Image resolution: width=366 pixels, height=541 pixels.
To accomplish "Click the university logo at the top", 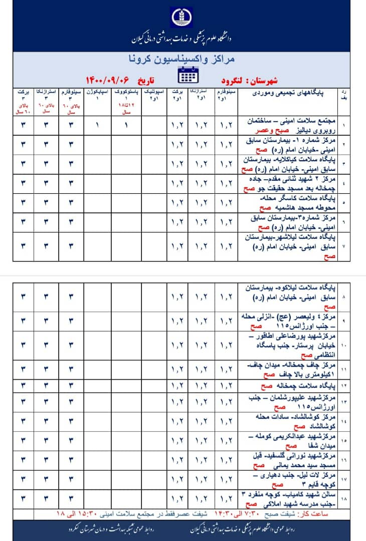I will pyautogui.click(x=182, y=19).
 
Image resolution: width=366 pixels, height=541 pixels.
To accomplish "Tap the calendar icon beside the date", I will pyautogui.click(x=189, y=76).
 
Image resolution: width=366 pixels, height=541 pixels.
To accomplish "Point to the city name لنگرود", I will pyautogui.click(x=234, y=80).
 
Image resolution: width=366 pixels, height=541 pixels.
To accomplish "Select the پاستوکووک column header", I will pyautogui.click(x=126, y=92).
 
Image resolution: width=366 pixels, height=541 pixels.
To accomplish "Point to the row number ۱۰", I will pyautogui.click(x=343, y=346).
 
